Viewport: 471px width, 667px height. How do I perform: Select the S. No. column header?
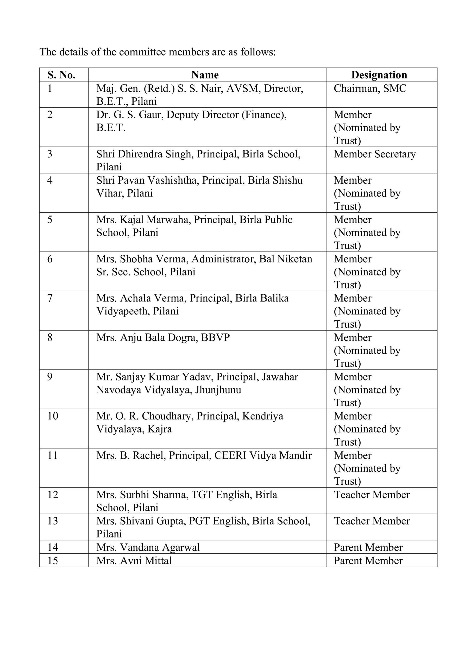coord(61,75)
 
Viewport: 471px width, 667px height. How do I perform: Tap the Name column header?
coord(205,75)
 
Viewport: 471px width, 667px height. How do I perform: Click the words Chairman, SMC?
coord(370,88)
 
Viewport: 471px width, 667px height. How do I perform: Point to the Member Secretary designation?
coord(375,154)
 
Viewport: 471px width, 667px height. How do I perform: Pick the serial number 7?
coord(50,298)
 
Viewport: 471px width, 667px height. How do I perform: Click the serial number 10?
coord(53,416)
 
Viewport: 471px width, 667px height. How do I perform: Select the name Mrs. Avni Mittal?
coord(134,560)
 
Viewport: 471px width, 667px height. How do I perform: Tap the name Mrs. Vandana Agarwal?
coord(148,547)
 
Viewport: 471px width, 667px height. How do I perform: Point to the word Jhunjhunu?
coord(218,390)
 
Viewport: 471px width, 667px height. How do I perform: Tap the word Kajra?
coord(159,429)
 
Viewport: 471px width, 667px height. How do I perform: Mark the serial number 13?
coord(53,521)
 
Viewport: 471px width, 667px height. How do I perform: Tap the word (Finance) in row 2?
coord(264,115)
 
